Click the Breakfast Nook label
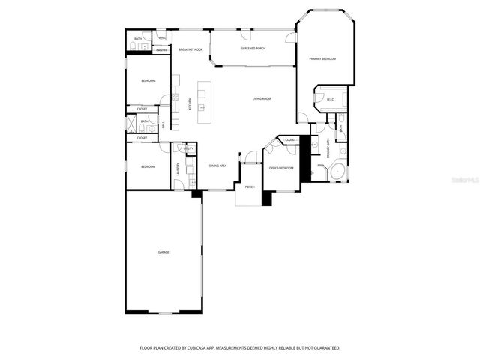click(190, 49)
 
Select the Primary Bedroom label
click(322, 58)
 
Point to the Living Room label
click(261, 98)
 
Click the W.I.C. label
click(329, 98)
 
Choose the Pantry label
click(161, 50)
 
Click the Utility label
click(189, 149)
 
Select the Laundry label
click(178, 169)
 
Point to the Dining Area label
click(218, 166)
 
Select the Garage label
click(163, 252)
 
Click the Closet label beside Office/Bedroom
click(290, 140)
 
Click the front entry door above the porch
click(250, 157)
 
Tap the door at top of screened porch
click(246, 33)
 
